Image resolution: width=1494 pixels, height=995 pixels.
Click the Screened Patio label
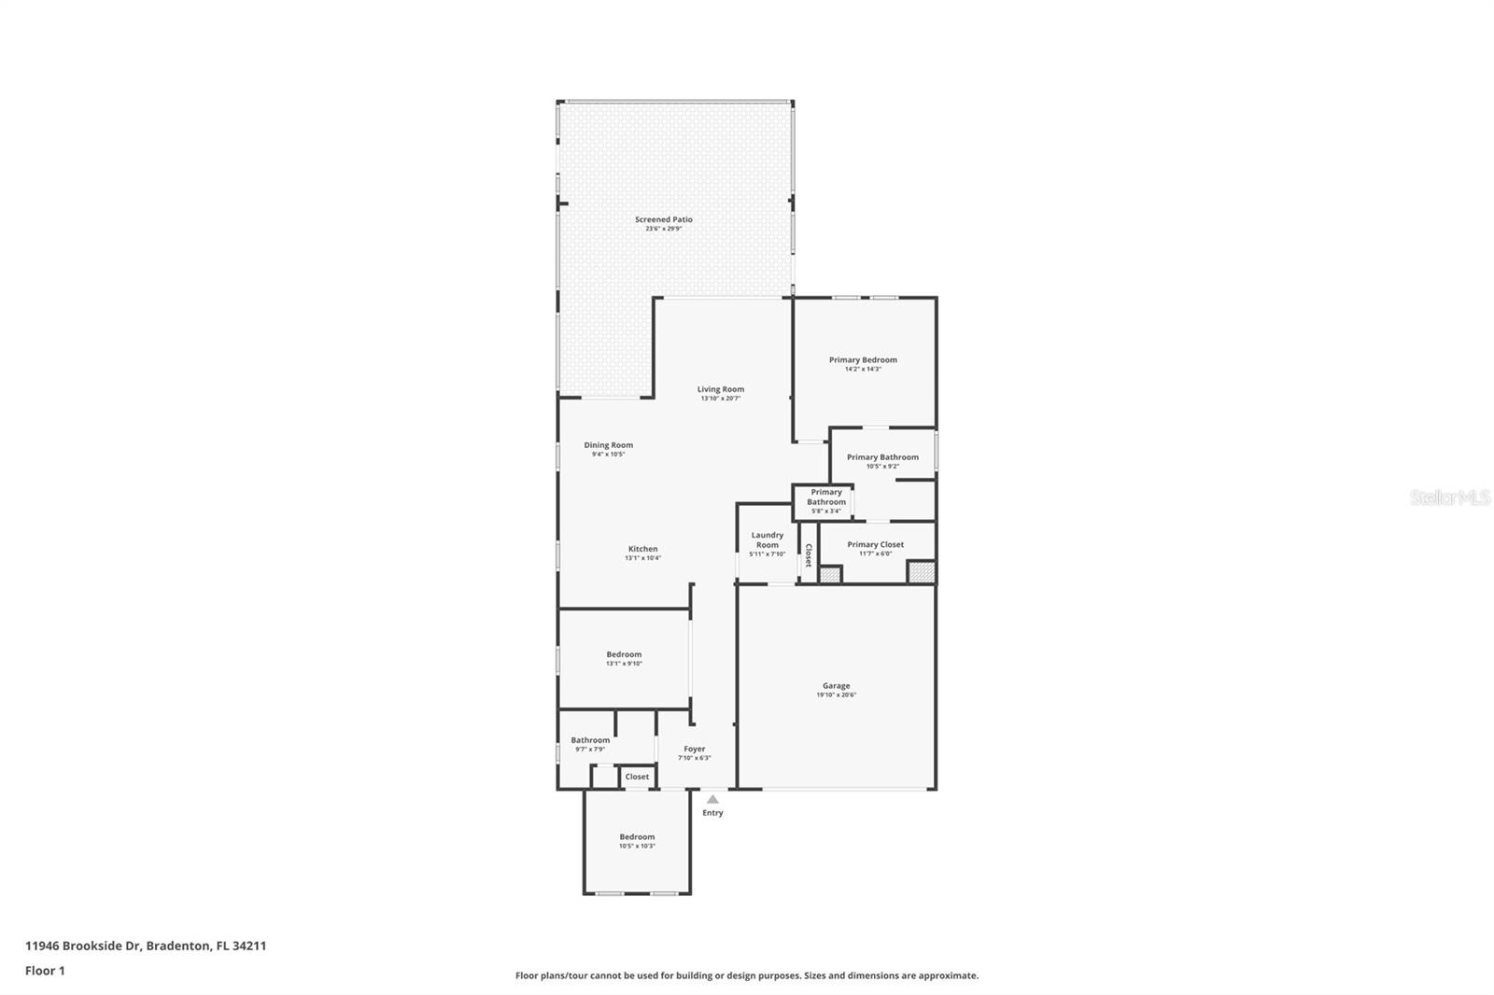[x=664, y=219]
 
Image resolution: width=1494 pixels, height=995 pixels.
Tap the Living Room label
[x=721, y=389]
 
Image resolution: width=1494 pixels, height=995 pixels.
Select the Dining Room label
[x=609, y=445]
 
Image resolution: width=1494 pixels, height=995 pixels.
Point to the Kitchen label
[x=642, y=549]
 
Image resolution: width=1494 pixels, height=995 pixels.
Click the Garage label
[x=836, y=686]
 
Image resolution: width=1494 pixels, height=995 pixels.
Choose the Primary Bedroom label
[x=863, y=359]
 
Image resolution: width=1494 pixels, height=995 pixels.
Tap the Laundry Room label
[x=768, y=540]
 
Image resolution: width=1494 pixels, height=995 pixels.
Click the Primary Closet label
[x=875, y=544]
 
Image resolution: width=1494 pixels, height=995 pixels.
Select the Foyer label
[x=695, y=749]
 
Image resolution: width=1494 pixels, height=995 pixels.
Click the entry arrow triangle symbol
[x=712, y=799]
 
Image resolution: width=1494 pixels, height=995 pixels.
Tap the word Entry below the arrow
[x=712, y=813]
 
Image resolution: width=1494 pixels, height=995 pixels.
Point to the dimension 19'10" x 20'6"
[x=836, y=695]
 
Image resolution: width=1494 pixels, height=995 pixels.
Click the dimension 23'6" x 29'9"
[x=664, y=229]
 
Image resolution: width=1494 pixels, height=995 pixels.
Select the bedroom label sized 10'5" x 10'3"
[x=637, y=837]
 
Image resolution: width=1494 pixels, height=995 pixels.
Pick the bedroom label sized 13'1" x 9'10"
[x=624, y=654]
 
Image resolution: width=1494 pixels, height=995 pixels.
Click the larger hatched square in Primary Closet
[x=922, y=571]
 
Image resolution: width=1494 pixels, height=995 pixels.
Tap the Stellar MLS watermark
[x=1449, y=497]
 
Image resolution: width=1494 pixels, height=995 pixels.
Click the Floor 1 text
[x=45, y=971]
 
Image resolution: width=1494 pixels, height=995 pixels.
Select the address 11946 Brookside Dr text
[x=83, y=946]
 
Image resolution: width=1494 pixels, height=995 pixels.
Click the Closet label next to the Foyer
[x=637, y=777]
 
